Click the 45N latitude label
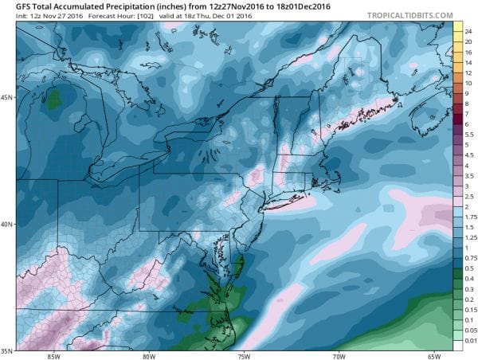(x=8, y=98)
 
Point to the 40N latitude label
(x=8, y=224)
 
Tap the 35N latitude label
(x=8, y=350)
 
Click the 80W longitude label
(x=149, y=356)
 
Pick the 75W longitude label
(x=243, y=356)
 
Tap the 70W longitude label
(x=338, y=356)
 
